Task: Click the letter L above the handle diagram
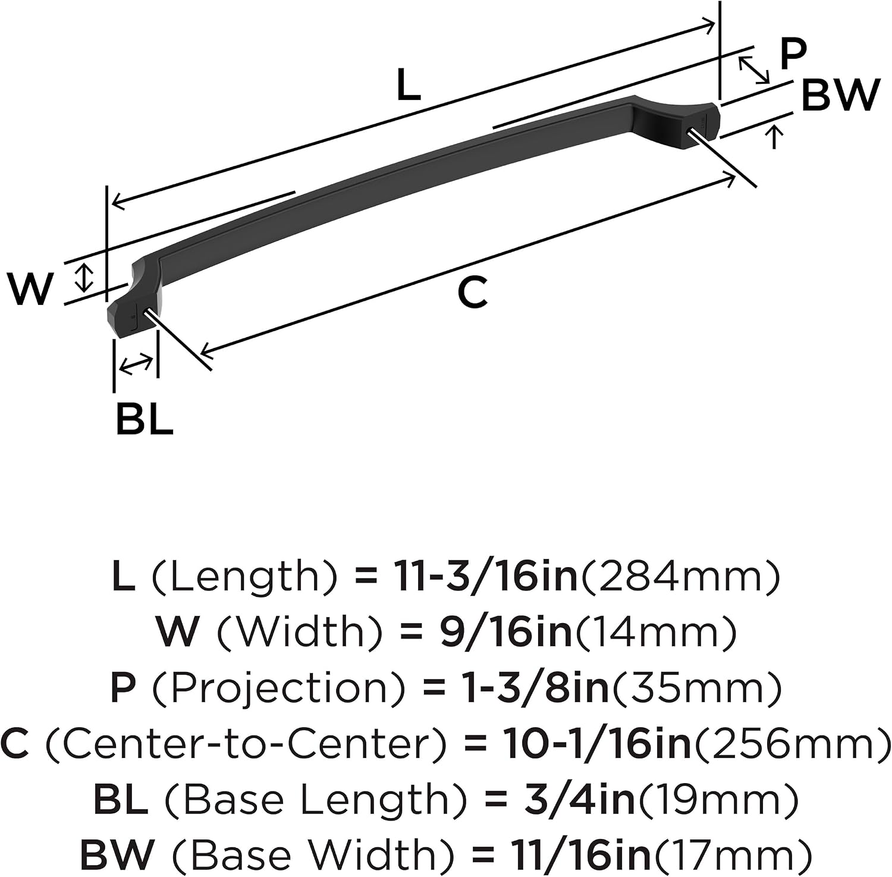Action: click(409, 86)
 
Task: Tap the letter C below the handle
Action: click(473, 292)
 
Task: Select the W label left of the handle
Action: click(30, 289)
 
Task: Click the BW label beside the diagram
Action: click(840, 95)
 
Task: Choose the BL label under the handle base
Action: click(145, 419)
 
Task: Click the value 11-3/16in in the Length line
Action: click(485, 577)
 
